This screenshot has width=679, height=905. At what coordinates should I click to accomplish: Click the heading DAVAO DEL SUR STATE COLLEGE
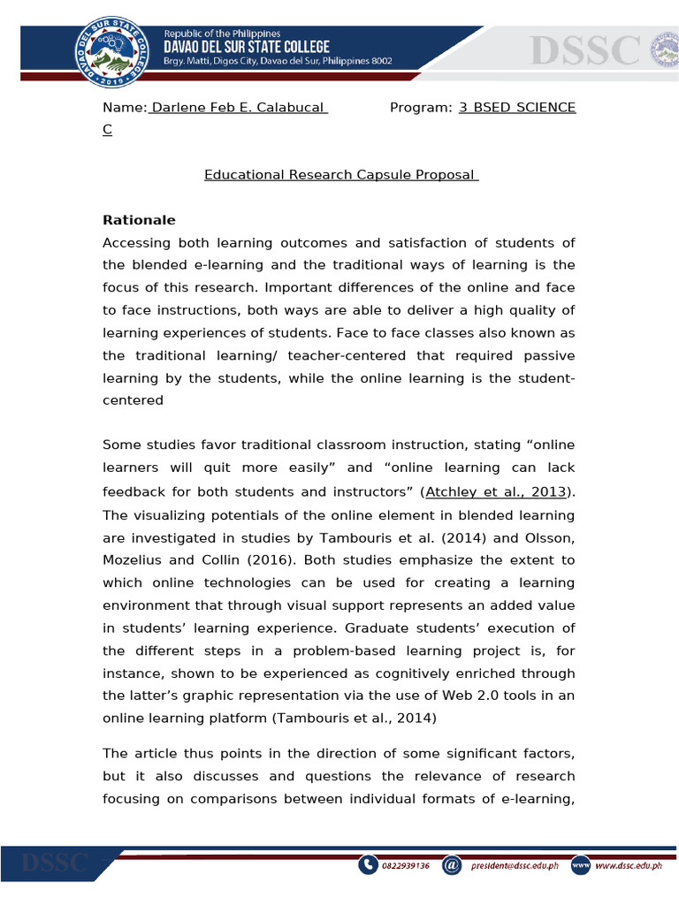tap(247, 47)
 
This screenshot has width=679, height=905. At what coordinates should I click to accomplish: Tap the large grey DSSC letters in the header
tap(584, 50)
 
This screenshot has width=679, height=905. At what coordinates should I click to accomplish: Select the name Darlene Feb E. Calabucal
tap(239, 108)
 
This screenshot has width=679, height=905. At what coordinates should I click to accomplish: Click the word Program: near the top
tap(421, 108)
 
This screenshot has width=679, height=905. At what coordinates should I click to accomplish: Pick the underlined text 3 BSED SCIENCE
tap(517, 108)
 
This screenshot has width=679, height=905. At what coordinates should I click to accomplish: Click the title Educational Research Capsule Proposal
tap(341, 175)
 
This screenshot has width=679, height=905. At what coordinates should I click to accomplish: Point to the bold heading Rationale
tap(139, 220)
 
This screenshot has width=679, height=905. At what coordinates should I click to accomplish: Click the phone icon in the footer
tap(368, 865)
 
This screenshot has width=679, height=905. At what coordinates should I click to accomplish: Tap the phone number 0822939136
tap(406, 866)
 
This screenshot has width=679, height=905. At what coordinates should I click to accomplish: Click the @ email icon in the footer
tap(451, 865)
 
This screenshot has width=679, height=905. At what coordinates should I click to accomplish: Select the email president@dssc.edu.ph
tap(515, 866)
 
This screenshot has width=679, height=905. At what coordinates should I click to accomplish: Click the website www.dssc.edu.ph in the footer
tap(628, 866)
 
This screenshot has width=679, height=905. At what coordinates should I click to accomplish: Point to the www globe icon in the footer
tap(580, 865)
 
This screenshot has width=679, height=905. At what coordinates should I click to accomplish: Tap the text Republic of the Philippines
tap(221, 34)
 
